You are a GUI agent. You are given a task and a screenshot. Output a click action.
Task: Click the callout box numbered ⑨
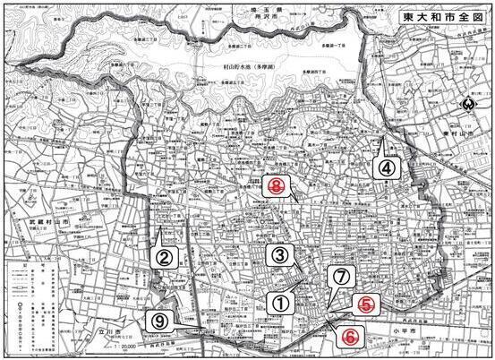[x=159, y=320]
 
